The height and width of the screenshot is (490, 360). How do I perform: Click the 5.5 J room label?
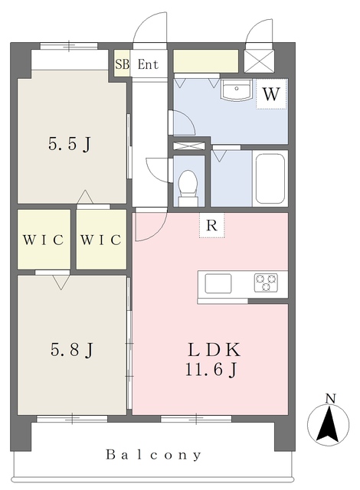pos(70,145)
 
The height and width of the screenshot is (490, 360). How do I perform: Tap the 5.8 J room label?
pos(71,350)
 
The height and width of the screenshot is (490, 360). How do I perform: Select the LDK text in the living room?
pos(214,350)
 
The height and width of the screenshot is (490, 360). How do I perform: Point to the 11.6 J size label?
pos(211,370)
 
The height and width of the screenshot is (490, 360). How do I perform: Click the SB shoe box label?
pos(122,64)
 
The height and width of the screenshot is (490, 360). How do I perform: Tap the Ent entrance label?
pos(148,64)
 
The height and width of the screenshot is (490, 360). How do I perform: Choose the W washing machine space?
pos(271,93)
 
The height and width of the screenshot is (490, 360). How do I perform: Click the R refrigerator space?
pos(212,225)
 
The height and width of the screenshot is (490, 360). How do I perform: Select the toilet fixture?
pos(188,188)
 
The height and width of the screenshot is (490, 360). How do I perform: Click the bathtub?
pos(270,178)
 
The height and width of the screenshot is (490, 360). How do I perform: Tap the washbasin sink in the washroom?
pos(237,90)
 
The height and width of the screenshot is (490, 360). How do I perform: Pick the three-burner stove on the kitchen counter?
pos(266,283)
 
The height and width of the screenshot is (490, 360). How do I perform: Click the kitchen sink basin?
pos(218,283)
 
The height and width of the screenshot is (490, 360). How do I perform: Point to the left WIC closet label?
pos(43,240)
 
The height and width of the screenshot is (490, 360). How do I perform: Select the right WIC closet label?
pos(100,240)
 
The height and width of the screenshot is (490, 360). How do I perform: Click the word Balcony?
pos(153,455)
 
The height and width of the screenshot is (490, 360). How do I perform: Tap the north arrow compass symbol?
pos(328,425)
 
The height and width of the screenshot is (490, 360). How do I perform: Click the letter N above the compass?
pos(330,398)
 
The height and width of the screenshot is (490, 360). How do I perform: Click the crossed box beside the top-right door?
pos(259,61)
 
